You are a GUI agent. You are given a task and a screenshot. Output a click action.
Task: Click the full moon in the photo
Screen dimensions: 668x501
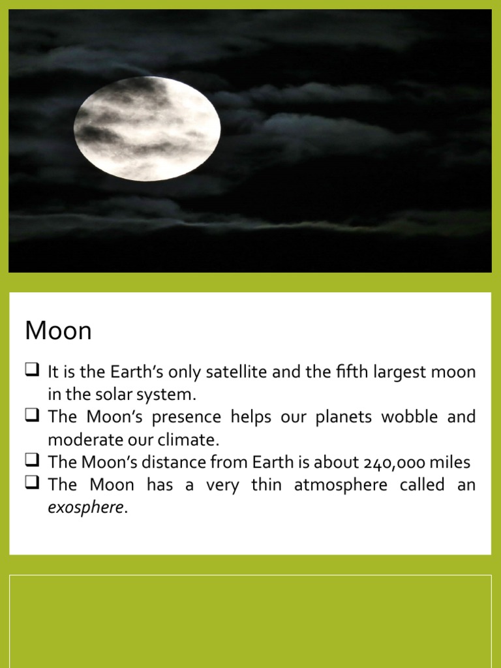[147, 129]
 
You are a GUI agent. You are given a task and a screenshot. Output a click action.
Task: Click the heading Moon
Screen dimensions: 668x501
[58, 331]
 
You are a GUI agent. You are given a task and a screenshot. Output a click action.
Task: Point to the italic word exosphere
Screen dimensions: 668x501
[85, 508]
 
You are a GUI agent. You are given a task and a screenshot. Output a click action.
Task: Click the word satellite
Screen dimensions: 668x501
[229, 372]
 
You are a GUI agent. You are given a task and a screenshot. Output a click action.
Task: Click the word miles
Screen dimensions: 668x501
[451, 463]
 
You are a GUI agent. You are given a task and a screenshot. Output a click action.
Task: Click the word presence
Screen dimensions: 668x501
[189, 417]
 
